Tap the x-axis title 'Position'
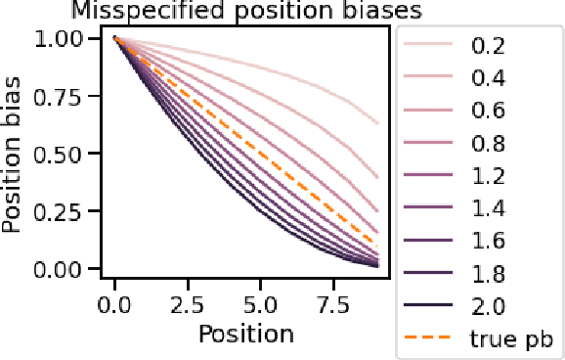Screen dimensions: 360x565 click(x=245, y=334)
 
